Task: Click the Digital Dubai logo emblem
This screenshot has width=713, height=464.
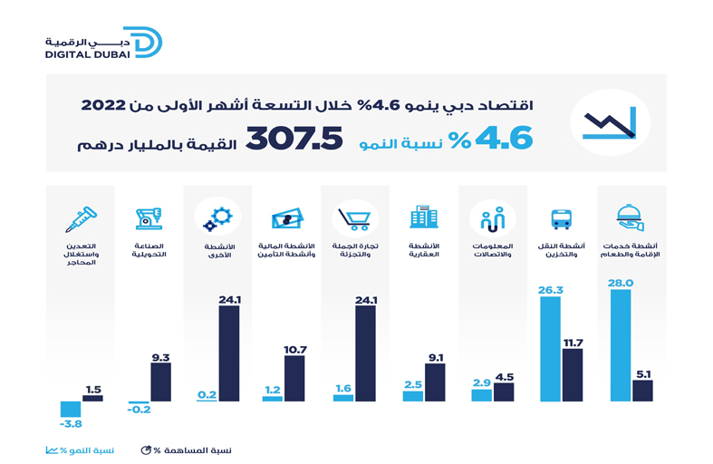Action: [x=147, y=43]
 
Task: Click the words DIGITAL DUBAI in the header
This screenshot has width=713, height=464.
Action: [x=87, y=54]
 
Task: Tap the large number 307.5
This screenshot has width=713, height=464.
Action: [x=294, y=137]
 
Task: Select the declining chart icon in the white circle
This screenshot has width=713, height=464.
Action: [x=609, y=122]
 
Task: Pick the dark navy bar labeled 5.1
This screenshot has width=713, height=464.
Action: [x=642, y=391]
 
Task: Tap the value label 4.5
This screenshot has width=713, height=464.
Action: [x=504, y=377]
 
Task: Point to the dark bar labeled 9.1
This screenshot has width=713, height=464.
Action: [x=435, y=382]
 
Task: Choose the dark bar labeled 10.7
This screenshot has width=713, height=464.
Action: [x=295, y=379]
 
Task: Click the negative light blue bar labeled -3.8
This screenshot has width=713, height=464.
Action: [x=71, y=410]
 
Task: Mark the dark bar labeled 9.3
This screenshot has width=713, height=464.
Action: [x=160, y=382]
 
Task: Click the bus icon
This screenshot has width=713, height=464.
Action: [x=561, y=218]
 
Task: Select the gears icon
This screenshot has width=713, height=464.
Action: [x=217, y=218]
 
